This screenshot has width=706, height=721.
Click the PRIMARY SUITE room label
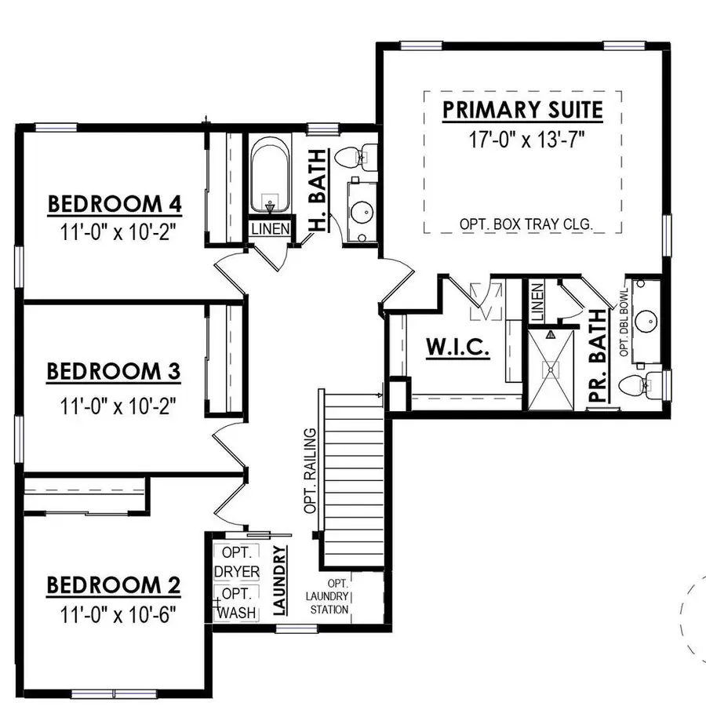pyautogui.click(x=522, y=110)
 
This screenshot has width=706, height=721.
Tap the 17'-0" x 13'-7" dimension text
pyautogui.click(x=522, y=140)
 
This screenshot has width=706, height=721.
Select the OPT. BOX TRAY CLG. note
pyautogui.click(x=526, y=224)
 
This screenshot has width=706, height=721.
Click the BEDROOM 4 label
pyautogui.click(x=115, y=204)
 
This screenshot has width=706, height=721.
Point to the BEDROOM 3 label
pyautogui.click(x=114, y=371)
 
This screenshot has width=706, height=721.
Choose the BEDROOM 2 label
pyautogui.click(x=114, y=585)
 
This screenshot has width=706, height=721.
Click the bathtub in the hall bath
pyautogui.click(x=270, y=176)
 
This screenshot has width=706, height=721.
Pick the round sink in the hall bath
pyautogui.click(x=362, y=212)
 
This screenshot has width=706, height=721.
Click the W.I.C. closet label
pyautogui.click(x=457, y=348)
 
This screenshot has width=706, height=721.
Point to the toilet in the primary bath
pyautogui.click(x=637, y=384)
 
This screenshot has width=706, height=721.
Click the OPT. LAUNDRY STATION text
pyautogui.click(x=328, y=596)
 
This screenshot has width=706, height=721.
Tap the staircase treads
pyautogui.click(x=353, y=479)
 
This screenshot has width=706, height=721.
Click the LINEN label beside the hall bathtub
pyautogui.click(x=271, y=230)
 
